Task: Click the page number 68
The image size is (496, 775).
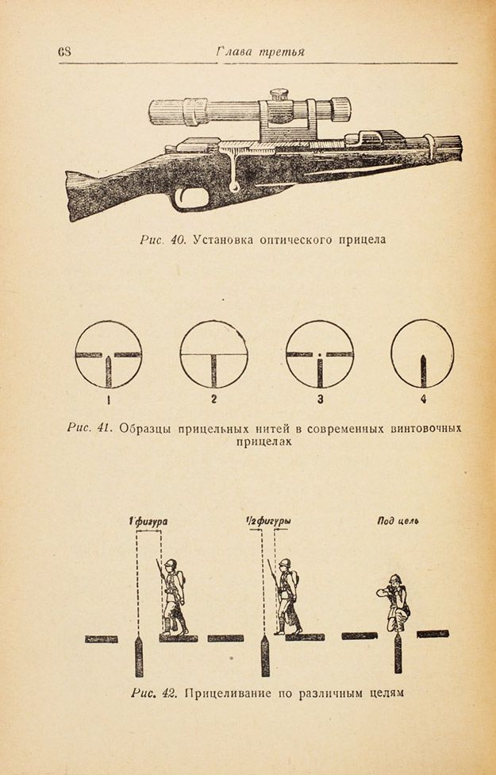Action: [64, 52]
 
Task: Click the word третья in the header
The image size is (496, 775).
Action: [281, 52]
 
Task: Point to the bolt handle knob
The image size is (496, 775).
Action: [236, 187]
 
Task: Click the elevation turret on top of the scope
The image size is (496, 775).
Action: [279, 94]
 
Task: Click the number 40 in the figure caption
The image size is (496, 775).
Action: [177, 240]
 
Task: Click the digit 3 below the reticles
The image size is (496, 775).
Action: [320, 399]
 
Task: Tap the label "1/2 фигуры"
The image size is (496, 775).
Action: [268, 521]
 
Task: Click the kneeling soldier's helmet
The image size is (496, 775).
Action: [394, 580]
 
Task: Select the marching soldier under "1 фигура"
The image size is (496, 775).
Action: [172, 597]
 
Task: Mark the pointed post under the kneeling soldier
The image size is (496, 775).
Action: [398, 653]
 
